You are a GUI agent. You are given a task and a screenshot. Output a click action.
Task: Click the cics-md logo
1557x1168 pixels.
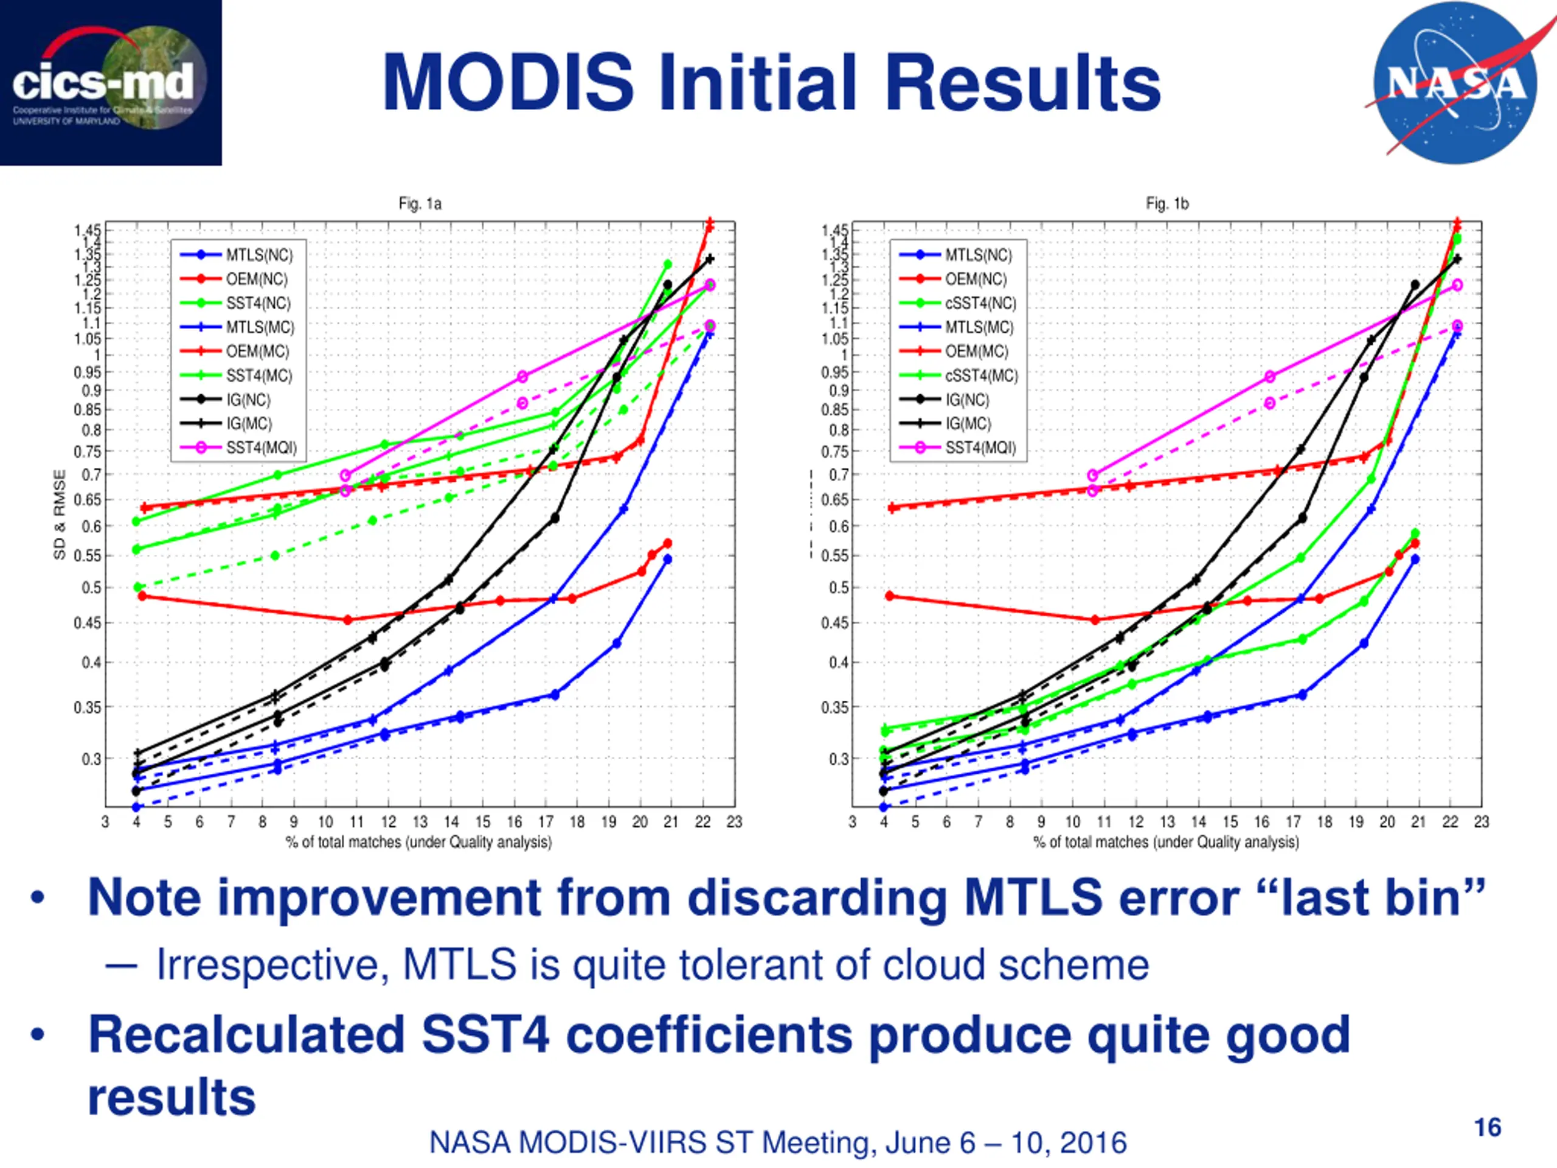(x=111, y=82)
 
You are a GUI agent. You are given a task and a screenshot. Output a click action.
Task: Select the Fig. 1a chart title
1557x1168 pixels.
(x=420, y=203)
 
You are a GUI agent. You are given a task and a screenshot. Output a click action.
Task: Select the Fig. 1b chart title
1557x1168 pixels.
(x=1167, y=203)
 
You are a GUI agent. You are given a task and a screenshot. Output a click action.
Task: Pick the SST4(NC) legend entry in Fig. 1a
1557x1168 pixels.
(x=258, y=304)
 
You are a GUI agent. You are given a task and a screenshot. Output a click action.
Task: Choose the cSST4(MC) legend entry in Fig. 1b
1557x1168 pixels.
(x=980, y=376)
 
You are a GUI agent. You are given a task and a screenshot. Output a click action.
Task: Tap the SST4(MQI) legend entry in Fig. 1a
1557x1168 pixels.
(x=261, y=448)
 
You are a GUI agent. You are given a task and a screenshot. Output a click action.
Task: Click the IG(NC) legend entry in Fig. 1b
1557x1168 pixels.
(x=966, y=400)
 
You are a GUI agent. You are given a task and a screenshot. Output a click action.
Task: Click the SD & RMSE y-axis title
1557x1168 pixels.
(x=60, y=515)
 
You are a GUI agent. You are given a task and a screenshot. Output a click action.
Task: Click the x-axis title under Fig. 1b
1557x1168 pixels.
(x=1166, y=842)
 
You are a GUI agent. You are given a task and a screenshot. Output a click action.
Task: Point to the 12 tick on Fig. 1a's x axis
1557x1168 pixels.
(x=389, y=822)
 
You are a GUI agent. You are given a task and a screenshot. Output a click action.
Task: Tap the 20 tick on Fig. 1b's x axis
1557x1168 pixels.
(x=1387, y=822)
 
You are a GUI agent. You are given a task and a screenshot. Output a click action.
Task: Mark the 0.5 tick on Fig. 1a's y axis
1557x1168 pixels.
(x=91, y=588)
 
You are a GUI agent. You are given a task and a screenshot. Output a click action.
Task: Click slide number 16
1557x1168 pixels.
(x=1487, y=1127)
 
